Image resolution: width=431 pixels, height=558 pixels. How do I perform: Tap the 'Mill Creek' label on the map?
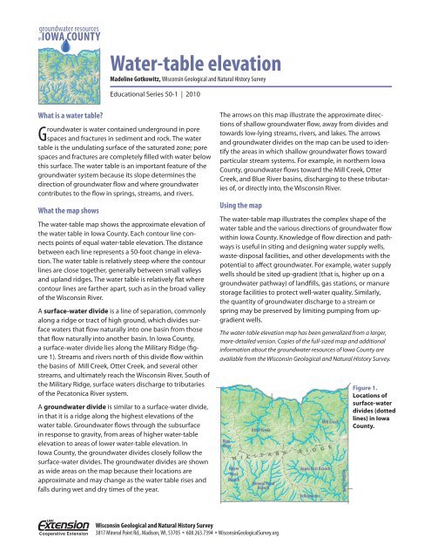coord(332,422)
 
